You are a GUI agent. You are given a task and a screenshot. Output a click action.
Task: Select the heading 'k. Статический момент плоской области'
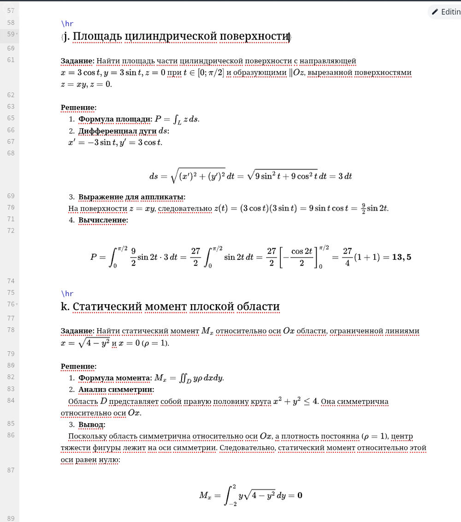click(x=170, y=306)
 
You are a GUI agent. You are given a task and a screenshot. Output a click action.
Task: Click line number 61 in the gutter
click(x=11, y=60)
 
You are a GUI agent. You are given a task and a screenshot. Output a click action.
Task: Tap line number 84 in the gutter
click(x=11, y=400)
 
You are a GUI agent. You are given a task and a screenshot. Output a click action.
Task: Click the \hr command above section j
click(x=67, y=24)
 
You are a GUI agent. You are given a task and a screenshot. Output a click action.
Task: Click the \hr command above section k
click(x=67, y=294)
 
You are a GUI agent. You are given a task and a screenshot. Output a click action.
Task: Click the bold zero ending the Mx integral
click(x=300, y=496)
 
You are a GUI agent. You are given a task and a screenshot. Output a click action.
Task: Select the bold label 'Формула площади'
click(x=115, y=119)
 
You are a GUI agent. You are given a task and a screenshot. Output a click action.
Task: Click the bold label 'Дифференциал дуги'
click(x=117, y=131)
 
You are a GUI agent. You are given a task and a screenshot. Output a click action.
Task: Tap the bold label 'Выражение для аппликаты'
click(x=131, y=197)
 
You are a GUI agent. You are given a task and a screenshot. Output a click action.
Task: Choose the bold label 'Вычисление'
click(x=103, y=220)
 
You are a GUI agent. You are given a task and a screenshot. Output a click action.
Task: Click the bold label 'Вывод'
click(x=92, y=424)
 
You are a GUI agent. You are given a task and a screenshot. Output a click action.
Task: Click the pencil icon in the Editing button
click(x=435, y=12)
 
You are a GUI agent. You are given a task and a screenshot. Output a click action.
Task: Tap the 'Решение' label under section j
click(x=78, y=108)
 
